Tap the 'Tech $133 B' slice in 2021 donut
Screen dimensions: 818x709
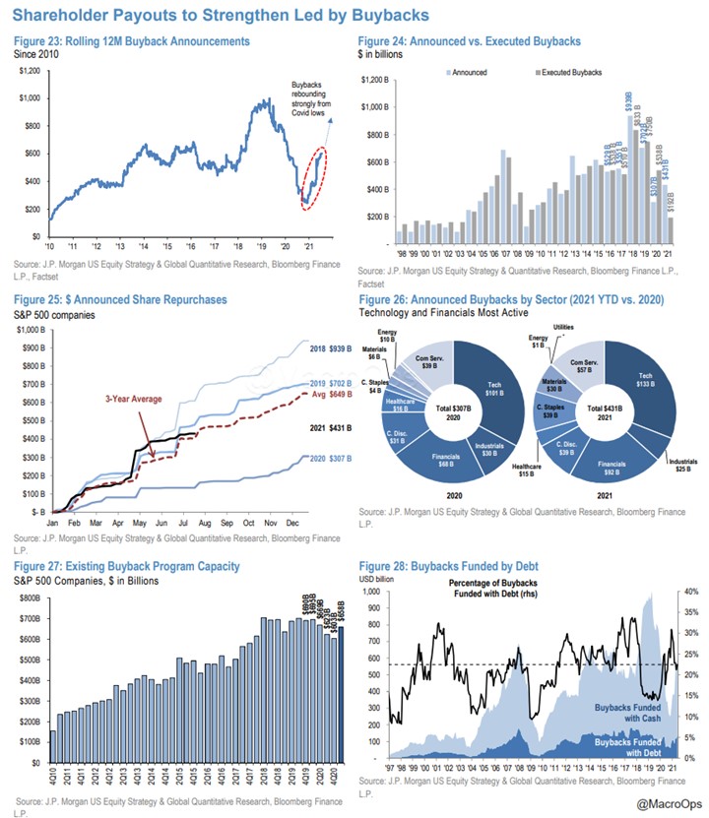(646, 381)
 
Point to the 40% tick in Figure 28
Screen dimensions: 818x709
(690, 592)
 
